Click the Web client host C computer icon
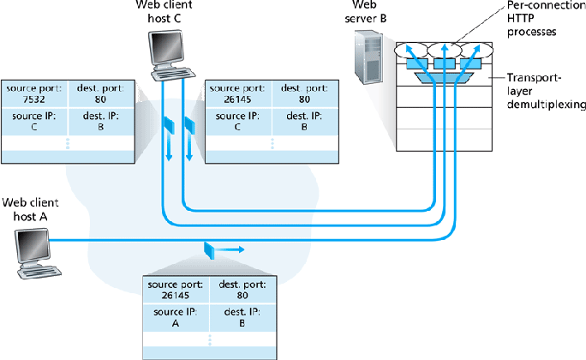click(x=166, y=53)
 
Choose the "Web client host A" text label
click(x=29, y=209)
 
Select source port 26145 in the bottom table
click(x=175, y=289)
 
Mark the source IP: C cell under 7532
click(x=33, y=120)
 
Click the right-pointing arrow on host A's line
click(x=234, y=250)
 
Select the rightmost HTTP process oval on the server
click(x=472, y=50)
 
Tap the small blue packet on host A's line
click(x=209, y=249)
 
